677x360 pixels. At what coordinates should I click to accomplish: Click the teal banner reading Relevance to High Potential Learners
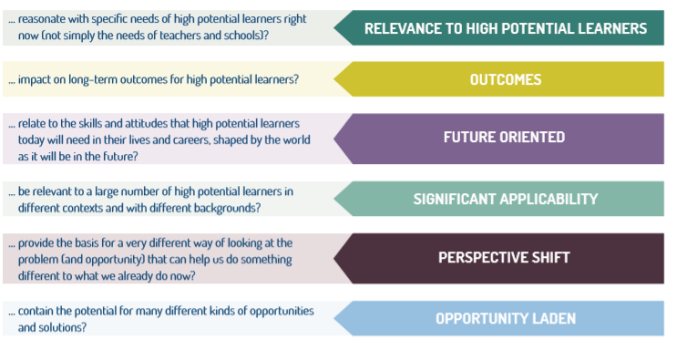click(505, 28)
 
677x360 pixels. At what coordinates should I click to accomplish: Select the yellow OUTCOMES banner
click(505, 79)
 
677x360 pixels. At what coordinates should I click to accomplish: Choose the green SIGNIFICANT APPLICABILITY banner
click(505, 199)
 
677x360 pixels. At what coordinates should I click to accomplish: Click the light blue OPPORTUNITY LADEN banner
click(505, 318)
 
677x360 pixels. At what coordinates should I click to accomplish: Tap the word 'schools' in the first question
click(240, 35)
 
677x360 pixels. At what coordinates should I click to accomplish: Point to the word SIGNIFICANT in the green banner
click(456, 199)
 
